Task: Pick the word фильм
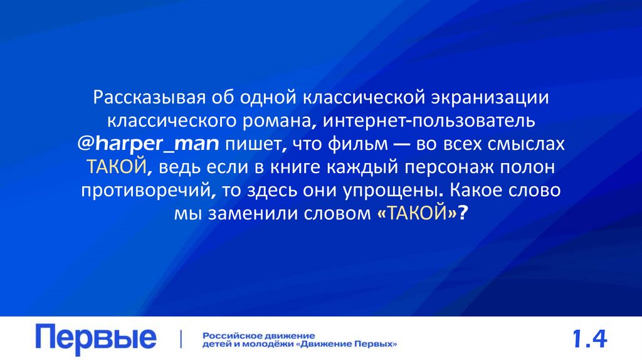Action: point(356,144)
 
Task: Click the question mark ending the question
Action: point(463,213)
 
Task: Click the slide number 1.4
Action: point(589,339)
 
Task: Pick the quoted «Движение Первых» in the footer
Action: point(348,344)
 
